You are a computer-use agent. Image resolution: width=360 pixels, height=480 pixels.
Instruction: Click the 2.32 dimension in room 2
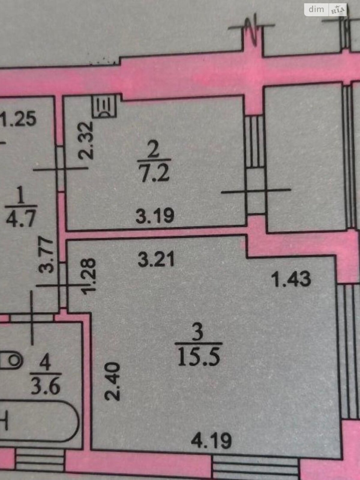(x=86, y=141)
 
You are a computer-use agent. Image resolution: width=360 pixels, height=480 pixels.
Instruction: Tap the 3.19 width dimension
(x=155, y=215)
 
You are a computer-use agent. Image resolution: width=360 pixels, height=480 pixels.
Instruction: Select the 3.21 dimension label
(x=156, y=259)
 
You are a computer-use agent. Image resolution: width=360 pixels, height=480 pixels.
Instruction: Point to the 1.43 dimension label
(x=291, y=279)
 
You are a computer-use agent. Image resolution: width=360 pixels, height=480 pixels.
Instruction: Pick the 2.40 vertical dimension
(x=112, y=381)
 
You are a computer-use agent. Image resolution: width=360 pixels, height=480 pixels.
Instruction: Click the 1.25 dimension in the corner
(x=18, y=119)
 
